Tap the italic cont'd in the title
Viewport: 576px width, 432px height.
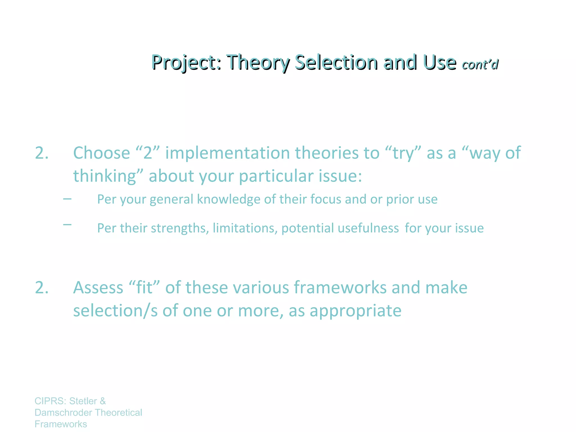point(480,65)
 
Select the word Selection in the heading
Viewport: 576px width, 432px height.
point(336,62)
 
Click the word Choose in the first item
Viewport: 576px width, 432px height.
point(102,153)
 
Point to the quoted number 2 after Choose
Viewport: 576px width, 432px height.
point(148,153)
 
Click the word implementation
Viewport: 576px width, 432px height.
point(228,153)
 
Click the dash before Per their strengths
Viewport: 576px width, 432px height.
point(67,224)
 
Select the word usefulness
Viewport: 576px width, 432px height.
point(368,228)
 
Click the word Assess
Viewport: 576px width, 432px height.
point(98,288)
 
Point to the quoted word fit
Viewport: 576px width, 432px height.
point(145,288)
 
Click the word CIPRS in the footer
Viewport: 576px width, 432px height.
point(50,401)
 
